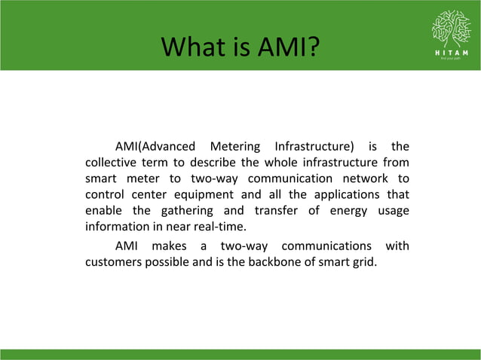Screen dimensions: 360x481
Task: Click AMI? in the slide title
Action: [x=284, y=50]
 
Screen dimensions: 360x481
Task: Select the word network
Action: [x=362, y=178]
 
